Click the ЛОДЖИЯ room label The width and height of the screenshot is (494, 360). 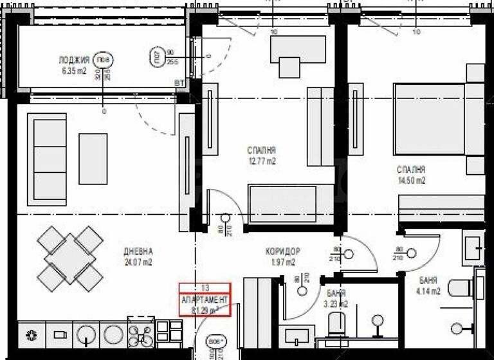[x=72, y=61]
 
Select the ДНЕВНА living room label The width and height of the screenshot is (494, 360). [x=138, y=251]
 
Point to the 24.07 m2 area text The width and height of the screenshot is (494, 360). [x=138, y=262]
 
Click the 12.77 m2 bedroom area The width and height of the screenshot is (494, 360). [x=261, y=162]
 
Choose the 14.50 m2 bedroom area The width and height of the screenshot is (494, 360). [x=411, y=181]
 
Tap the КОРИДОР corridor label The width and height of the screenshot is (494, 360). [x=282, y=251]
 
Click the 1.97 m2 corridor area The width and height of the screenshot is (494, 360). [x=282, y=262]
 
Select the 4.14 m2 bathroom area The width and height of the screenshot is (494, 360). [x=429, y=291]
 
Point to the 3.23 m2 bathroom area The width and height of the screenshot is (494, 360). [x=336, y=304]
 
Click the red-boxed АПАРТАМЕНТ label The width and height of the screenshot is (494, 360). [x=205, y=300]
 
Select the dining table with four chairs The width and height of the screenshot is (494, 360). [x=70, y=257]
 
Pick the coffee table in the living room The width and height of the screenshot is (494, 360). [x=93, y=158]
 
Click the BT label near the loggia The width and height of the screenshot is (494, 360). [x=178, y=83]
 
